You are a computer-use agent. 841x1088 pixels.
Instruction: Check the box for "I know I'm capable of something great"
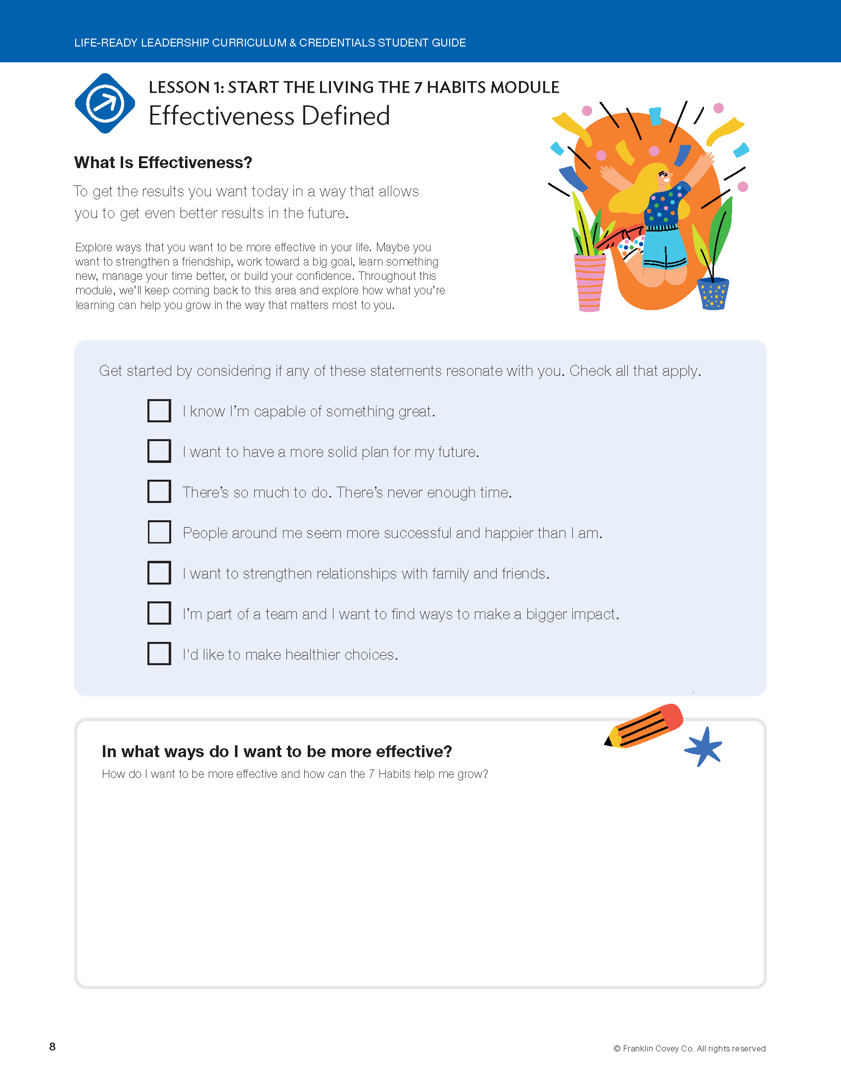(x=159, y=411)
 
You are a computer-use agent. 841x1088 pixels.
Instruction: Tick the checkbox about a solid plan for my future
(x=159, y=452)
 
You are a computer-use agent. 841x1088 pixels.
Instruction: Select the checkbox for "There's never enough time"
(x=159, y=492)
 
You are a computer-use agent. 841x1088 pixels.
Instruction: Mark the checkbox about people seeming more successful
(x=159, y=532)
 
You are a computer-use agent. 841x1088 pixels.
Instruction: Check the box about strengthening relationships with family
(x=159, y=573)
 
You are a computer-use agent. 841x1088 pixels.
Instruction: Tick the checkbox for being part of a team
(x=159, y=613)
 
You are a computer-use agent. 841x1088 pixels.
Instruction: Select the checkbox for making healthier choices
(x=159, y=654)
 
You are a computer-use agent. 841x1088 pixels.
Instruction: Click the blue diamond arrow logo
(x=104, y=104)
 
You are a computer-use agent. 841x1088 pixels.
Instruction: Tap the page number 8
(x=52, y=1046)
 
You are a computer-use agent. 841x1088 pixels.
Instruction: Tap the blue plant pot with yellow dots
(x=713, y=294)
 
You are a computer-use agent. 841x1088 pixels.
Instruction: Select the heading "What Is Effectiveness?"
(x=163, y=163)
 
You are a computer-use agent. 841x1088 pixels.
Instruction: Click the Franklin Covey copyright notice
(x=689, y=1048)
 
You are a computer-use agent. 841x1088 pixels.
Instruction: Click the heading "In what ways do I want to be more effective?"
(x=277, y=751)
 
